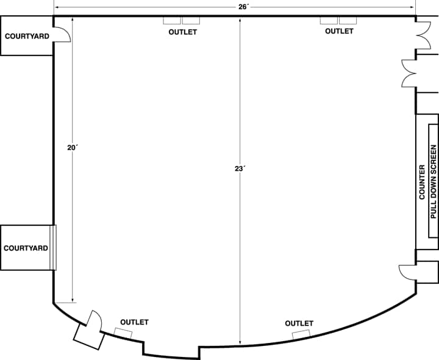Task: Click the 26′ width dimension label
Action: point(235,6)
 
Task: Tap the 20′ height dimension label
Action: point(73,147)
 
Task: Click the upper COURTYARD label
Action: point(27,37)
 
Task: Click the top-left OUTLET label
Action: point(182,32)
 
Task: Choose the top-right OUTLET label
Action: point(339,31)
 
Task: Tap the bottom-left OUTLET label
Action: point(134,322)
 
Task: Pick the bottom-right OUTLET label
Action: point(299,323)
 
